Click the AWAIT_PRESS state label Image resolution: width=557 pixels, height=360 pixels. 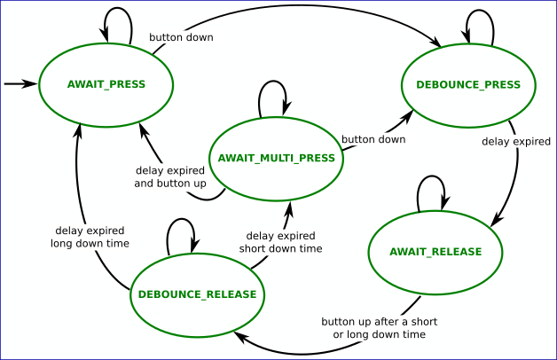pyautogui.click(x=106, y=84)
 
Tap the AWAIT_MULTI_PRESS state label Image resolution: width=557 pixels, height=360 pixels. pyautogui.click(x=276, y=158)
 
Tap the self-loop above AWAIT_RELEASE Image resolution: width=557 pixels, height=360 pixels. pyautogui.click(x=432, y=184)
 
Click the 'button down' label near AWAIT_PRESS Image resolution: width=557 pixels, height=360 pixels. pyautogui.click(x=181, y=38)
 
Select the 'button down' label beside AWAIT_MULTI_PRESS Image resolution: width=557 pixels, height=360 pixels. pyautogui.click(x=373, y=139)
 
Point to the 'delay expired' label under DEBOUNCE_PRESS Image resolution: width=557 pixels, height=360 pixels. pyautogui.click(x=516, y=141)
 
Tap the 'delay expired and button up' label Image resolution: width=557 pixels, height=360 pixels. pyautogui.click(x=170, y=176)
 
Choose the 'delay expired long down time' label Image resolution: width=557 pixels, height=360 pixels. pyautogui.click(x=90, y=237)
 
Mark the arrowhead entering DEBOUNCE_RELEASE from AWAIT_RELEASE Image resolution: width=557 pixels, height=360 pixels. pyautogui.click(x=238, y=337)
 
